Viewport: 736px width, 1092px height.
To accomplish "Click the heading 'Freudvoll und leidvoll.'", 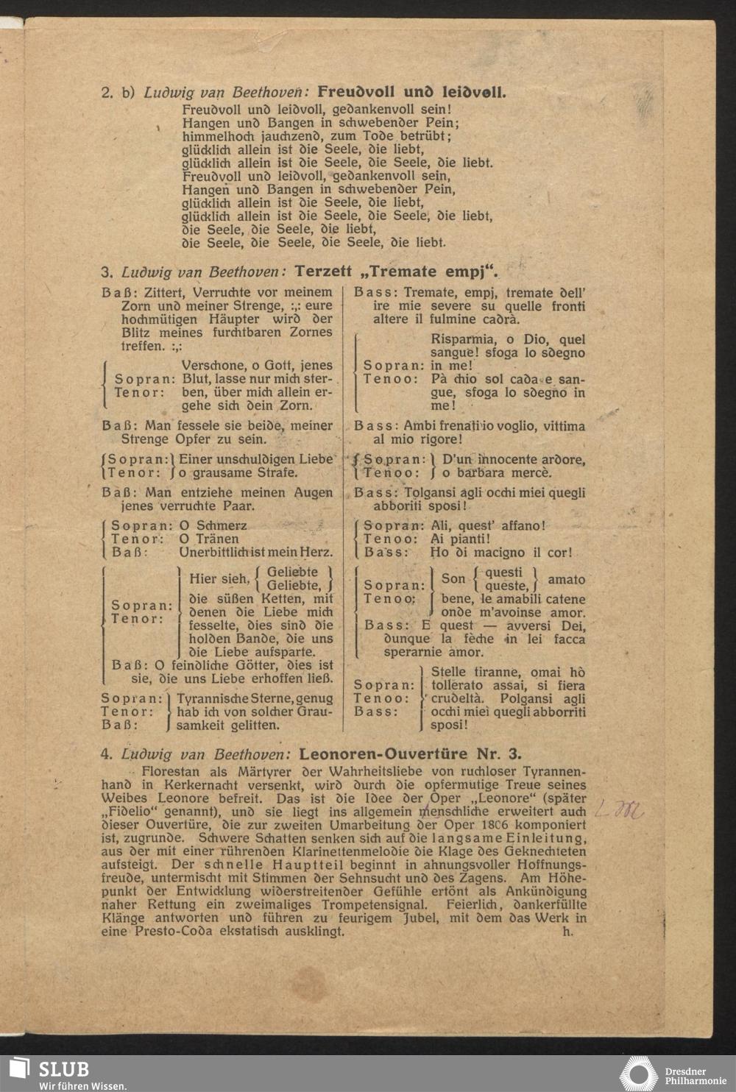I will coord(411,93).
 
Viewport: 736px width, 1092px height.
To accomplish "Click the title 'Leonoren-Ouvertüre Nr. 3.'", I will coord(410,754).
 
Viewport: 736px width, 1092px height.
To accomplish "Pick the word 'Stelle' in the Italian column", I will coord(448,672).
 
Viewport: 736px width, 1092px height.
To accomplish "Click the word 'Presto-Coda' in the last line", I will coord(174,931).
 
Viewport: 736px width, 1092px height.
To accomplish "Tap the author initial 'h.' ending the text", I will coord(567,931).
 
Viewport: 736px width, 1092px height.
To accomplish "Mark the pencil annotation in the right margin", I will coord(618,811).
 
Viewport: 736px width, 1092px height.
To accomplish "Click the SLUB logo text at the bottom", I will coord(65,1069).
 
